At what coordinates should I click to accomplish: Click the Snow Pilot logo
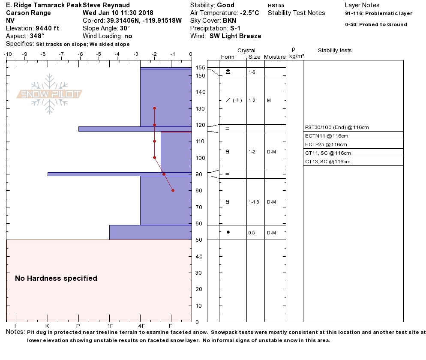pyautogui.click(x=50, y=94)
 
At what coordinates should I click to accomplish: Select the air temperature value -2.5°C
pyautogui.click(x=243, y=13)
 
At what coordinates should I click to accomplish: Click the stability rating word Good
pyautogui.click(x=226, y=5)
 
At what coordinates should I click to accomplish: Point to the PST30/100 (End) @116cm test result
pyautogui.click(x=337, y=127)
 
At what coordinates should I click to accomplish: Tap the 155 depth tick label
pyautogui.click(x=200, y=68)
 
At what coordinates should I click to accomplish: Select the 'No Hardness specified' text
pyautogui.click(x=56, y=278)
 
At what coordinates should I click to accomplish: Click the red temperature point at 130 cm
pyautogui.click(x=154, y=108)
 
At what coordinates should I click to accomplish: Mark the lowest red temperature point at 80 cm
pyautogui.click(x=173, y=190)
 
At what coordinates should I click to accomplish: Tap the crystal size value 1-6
pyautogui.click(x=252, y=72)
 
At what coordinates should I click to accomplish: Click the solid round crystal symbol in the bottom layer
pyautogui.click(x=228, y=232)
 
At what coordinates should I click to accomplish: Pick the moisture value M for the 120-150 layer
pyautogui.click(x=269, y=100)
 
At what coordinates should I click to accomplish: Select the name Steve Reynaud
pyautogui.click(x=106, y=5)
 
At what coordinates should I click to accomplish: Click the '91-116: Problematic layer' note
pyautogui.click(x=378, y=13)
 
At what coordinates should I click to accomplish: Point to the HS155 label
pyautogui.click(x=276, y=6)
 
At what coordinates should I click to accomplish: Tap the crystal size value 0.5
pyautogui.click(x=252, y=233)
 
